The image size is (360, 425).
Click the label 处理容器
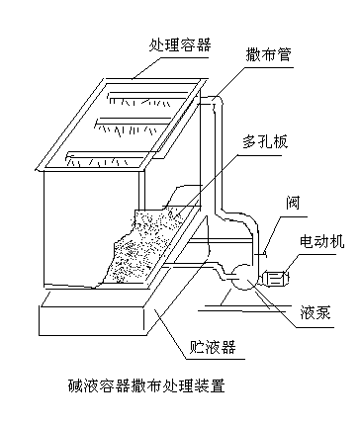(180, 45)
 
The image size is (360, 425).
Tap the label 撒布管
(269, 54)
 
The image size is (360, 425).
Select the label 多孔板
(265, 141)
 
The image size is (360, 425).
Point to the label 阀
(293, 203)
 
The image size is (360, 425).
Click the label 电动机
(321, 241)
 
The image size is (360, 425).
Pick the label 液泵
(315, 312)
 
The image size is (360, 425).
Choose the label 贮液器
(213, 347)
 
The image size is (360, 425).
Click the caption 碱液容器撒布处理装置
(146, 385)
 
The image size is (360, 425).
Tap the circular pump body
(243, 277)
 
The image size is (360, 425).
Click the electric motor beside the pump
(275, 279)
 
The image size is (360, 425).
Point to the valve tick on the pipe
(261, 254)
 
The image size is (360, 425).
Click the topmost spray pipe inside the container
(147, 95)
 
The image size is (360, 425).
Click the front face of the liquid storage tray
(92, 321)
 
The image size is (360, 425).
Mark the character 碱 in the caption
(76, 385)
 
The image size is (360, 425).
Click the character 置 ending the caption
(218, 385)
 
